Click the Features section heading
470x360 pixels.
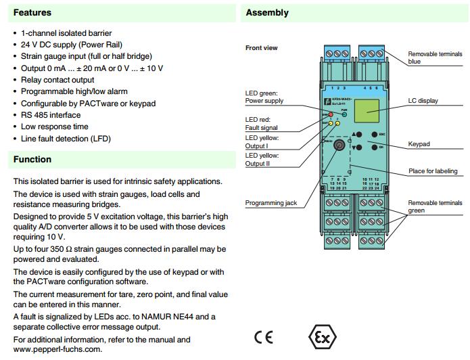click(x=32, y=13)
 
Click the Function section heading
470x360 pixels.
click(x=32, y=160)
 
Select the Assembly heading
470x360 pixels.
click(x=267, y=13)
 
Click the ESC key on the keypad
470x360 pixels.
click(x=371, y=134)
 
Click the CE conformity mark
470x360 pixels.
click(x=264, y=336)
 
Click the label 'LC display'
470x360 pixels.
click(x=423, y=101)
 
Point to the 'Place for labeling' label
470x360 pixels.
click(x=435, y=171)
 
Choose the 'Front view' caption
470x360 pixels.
click(x=261, y=48)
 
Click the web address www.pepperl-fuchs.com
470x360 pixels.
click(x=57, y=349)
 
